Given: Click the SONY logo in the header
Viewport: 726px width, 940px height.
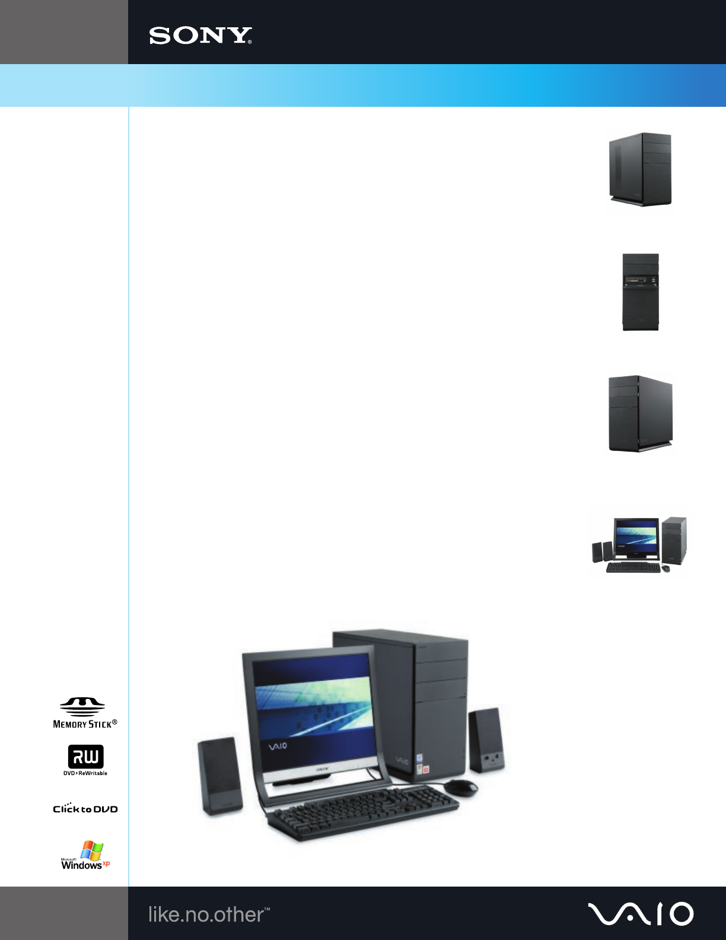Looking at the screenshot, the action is (200, 36).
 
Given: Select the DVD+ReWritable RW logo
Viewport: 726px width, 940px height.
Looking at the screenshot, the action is (85, 760).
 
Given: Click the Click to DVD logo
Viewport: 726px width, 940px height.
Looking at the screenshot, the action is (85, 808).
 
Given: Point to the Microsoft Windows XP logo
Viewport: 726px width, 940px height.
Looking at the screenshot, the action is (85, 856).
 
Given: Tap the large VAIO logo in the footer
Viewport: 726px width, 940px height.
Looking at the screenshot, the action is (641, 914).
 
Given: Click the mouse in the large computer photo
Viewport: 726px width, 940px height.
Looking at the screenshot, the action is (461, 787).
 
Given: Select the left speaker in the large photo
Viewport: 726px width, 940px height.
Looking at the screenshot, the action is (219, 776).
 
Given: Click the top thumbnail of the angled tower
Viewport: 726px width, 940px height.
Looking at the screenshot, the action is (641, 170).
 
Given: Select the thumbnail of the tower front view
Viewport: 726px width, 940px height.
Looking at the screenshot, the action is (641, 292).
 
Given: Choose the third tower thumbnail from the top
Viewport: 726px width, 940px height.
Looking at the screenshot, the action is (641, 414).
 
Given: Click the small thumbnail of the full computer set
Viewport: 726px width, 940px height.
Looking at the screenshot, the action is (641, 545).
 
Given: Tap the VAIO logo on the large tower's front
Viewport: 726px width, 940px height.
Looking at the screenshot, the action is (402, 760).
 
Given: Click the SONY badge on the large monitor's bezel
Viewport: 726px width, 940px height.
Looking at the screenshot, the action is (323, 769).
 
